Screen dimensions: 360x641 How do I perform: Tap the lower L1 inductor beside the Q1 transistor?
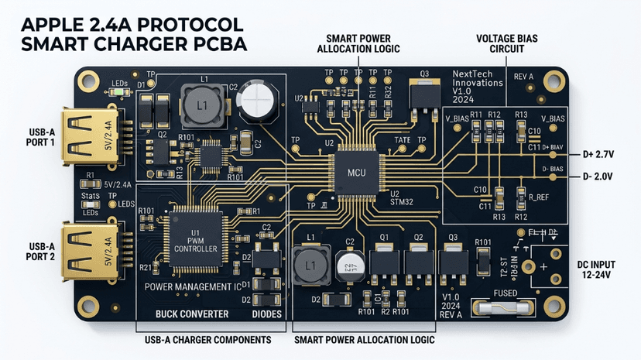click(311, 266)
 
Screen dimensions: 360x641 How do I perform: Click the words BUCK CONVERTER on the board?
click(192, 314)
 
